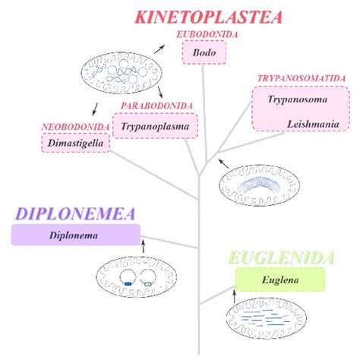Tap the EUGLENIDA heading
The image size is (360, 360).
(283, 258)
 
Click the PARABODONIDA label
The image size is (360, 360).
(156, 106)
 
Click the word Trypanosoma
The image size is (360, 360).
(291, 99)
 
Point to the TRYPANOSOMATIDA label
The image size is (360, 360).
(302, 78)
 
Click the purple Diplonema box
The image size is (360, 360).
(75, 235)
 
